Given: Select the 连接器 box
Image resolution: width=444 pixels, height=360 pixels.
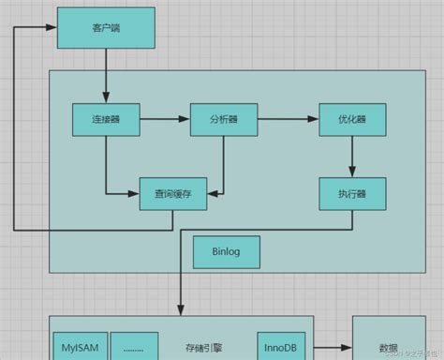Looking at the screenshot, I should click(106, 119).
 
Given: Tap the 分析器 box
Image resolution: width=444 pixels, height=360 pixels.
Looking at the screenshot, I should click(223, 119).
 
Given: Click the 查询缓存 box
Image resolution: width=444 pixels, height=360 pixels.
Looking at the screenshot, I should click(172, 194).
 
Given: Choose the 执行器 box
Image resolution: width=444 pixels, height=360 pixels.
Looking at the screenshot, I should click(351, 194).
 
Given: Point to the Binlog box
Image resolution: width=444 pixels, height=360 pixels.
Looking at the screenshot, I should click(225, 252).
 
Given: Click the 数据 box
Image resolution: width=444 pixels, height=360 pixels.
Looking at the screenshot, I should click(388, 341).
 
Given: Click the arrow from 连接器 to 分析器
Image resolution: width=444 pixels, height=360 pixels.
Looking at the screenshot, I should click(165, 119).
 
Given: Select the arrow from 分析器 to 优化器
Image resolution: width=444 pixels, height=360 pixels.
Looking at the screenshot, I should click(287, 119).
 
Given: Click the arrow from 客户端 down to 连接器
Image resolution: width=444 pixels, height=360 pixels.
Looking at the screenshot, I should click(105, 77).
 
